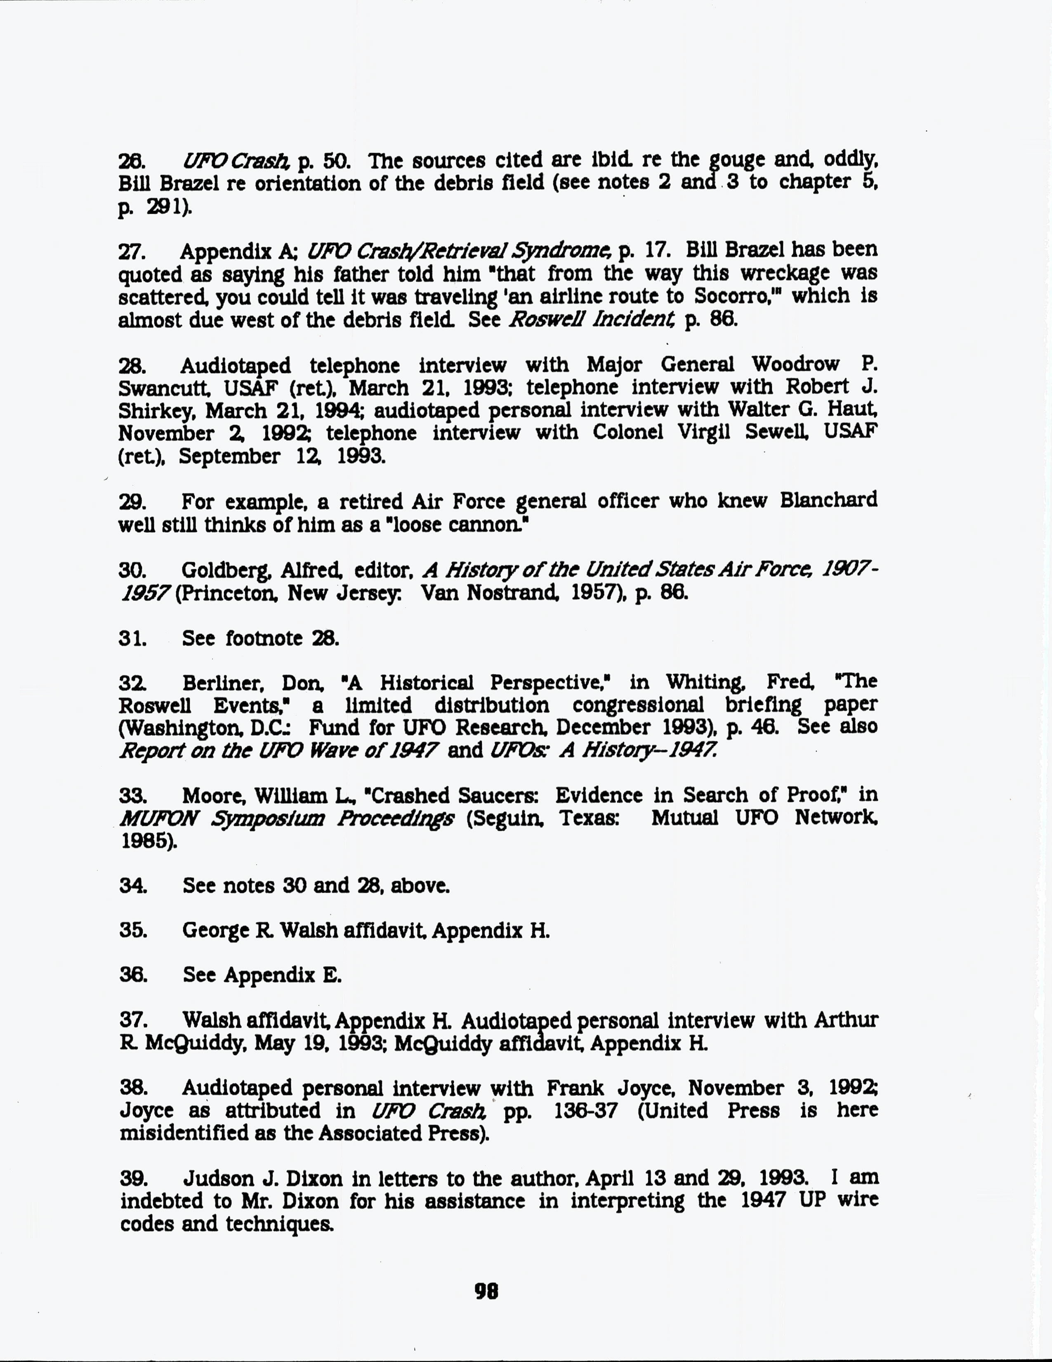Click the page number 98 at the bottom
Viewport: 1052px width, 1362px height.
click(x=486, y=1290)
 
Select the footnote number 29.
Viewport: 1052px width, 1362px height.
click(x=132, y=502)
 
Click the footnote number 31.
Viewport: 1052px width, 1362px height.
click(x=132, y=638)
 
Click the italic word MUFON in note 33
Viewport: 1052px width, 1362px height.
click(x=158, y=818)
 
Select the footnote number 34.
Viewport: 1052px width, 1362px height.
click(x=133, y=886)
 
